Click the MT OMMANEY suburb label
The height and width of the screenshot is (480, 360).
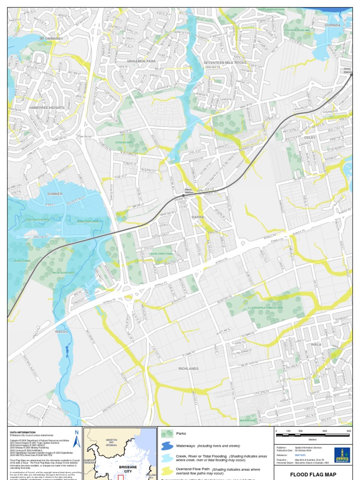[51, 38]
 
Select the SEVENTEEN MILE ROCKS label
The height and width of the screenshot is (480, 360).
[225, 62]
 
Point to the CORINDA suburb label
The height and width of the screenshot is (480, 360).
[332, 25]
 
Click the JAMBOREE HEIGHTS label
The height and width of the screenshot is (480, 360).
[46, 107]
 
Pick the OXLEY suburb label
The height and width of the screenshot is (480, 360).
[310, 137]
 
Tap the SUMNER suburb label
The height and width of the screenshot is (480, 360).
[55, 193]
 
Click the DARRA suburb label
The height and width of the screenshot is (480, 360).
[198, 217]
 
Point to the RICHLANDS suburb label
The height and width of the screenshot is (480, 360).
[188, 368]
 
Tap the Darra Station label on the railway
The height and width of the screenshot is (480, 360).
[188, 191]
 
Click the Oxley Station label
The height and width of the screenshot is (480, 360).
[347, 70]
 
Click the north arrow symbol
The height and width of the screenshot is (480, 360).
[77, 439]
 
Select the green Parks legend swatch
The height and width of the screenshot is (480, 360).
[167, 434]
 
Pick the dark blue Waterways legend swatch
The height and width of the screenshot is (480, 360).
[167, 445]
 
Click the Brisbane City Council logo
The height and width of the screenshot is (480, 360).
[342, 455]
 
